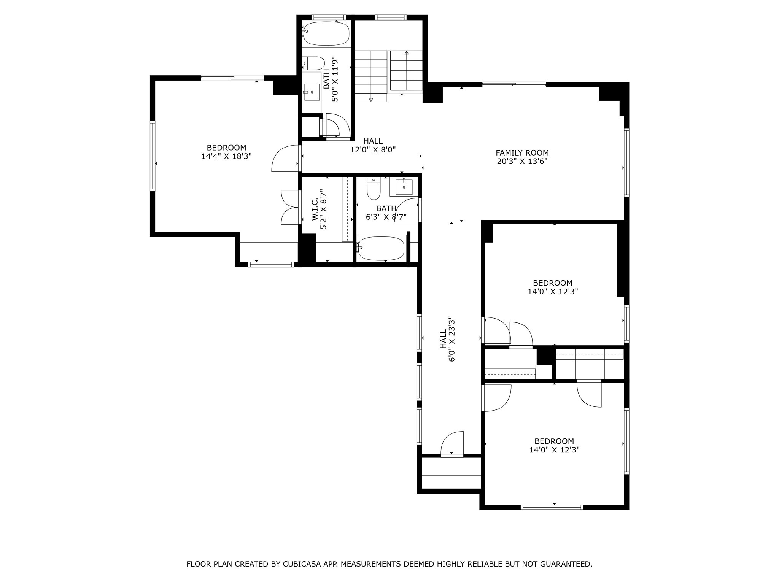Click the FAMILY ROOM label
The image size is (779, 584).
coord(522,153)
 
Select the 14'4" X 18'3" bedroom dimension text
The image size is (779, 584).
coord(226,156)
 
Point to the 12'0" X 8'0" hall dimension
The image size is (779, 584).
coord(373,150)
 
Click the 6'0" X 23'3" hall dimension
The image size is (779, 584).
coord(452,339)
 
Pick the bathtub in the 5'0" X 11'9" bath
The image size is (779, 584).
coord(326,33)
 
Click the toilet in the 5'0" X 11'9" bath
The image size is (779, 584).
coord(313,63)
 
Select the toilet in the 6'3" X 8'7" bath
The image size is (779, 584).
coord(374,189)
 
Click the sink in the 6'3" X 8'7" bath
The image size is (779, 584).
coord(404,187)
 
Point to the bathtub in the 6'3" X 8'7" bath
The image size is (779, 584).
coord(381,248)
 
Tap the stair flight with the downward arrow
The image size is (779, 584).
coord(371,76)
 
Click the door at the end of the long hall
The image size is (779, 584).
coord(453,443)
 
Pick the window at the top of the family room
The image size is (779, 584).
coord(514,84)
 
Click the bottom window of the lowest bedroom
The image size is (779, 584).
coord(552,507)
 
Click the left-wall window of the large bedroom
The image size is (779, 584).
coord(153,156)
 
